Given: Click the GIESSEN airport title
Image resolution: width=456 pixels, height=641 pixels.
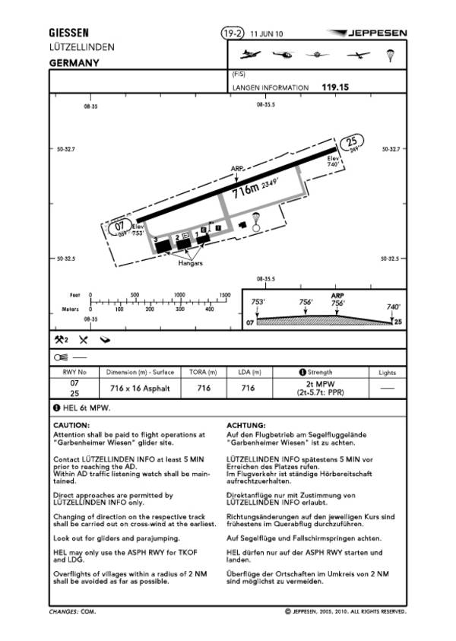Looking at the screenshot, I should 68,33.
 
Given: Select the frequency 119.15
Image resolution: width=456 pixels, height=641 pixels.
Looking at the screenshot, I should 335,87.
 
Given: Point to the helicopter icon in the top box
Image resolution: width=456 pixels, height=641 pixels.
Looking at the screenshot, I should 281,56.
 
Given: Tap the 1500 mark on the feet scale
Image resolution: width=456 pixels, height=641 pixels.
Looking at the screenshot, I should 225,294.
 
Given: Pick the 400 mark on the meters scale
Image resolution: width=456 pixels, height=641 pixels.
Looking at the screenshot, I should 211,309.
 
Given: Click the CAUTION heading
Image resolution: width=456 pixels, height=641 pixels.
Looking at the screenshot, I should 71,424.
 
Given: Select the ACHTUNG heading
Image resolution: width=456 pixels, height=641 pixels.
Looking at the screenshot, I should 245,424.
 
